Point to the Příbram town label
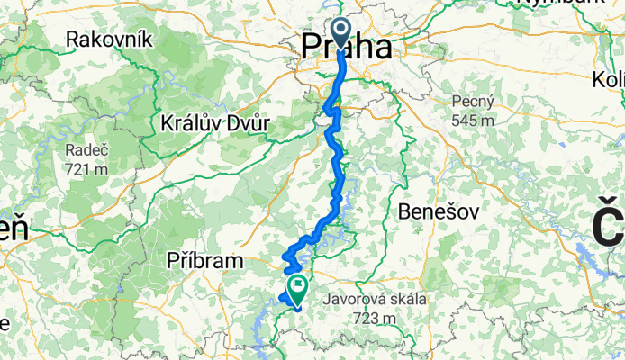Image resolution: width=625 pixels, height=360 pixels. [x=205, y=260]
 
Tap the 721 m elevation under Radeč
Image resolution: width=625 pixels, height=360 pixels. [x=86, y=168]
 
